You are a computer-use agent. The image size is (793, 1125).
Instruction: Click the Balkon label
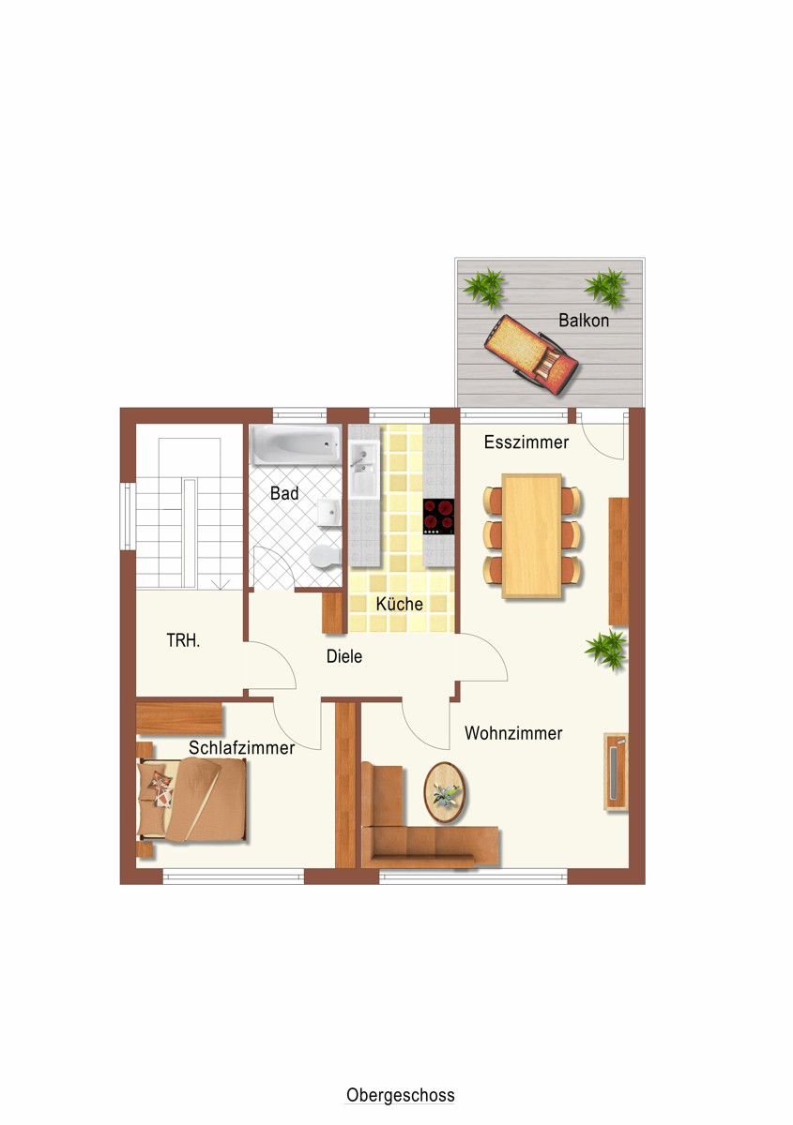pos(584,321)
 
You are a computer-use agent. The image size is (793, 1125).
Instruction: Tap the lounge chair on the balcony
pos(531,355)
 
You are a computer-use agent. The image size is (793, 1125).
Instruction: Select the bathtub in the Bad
pos(297,445)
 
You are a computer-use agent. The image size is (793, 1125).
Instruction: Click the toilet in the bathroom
pos(326,558)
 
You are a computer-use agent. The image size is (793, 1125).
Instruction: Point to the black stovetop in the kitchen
pos(438,517)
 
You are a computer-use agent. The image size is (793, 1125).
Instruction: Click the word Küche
pos(399,604)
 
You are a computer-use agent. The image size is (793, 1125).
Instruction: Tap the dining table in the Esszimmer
pos(531,536)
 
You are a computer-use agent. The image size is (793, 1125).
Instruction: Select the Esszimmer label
pos(526,442)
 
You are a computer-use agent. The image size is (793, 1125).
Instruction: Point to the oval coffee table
pos(445,792)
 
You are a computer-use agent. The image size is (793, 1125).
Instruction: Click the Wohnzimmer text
pos(513,733)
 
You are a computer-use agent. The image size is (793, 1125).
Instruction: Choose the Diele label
pos(344,656)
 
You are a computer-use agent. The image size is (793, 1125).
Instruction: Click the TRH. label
pos(183,641)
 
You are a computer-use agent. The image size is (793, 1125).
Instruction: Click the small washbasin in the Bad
pos(329,514)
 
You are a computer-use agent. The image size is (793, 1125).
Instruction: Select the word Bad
pos(284,493)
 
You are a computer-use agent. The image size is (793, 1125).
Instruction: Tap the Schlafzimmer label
pos(241,748)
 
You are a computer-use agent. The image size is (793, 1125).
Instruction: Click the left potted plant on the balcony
pos(483,289)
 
